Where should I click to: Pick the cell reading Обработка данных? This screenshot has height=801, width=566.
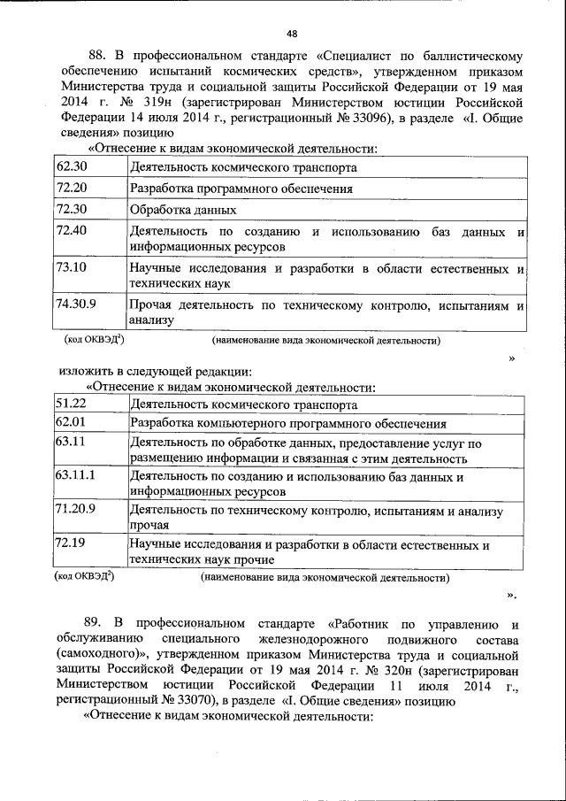tap(182, 211)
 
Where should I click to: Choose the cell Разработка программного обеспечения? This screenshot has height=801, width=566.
tap(241, 189)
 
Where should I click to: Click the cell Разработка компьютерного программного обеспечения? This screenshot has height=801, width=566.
tap(287, 424)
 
